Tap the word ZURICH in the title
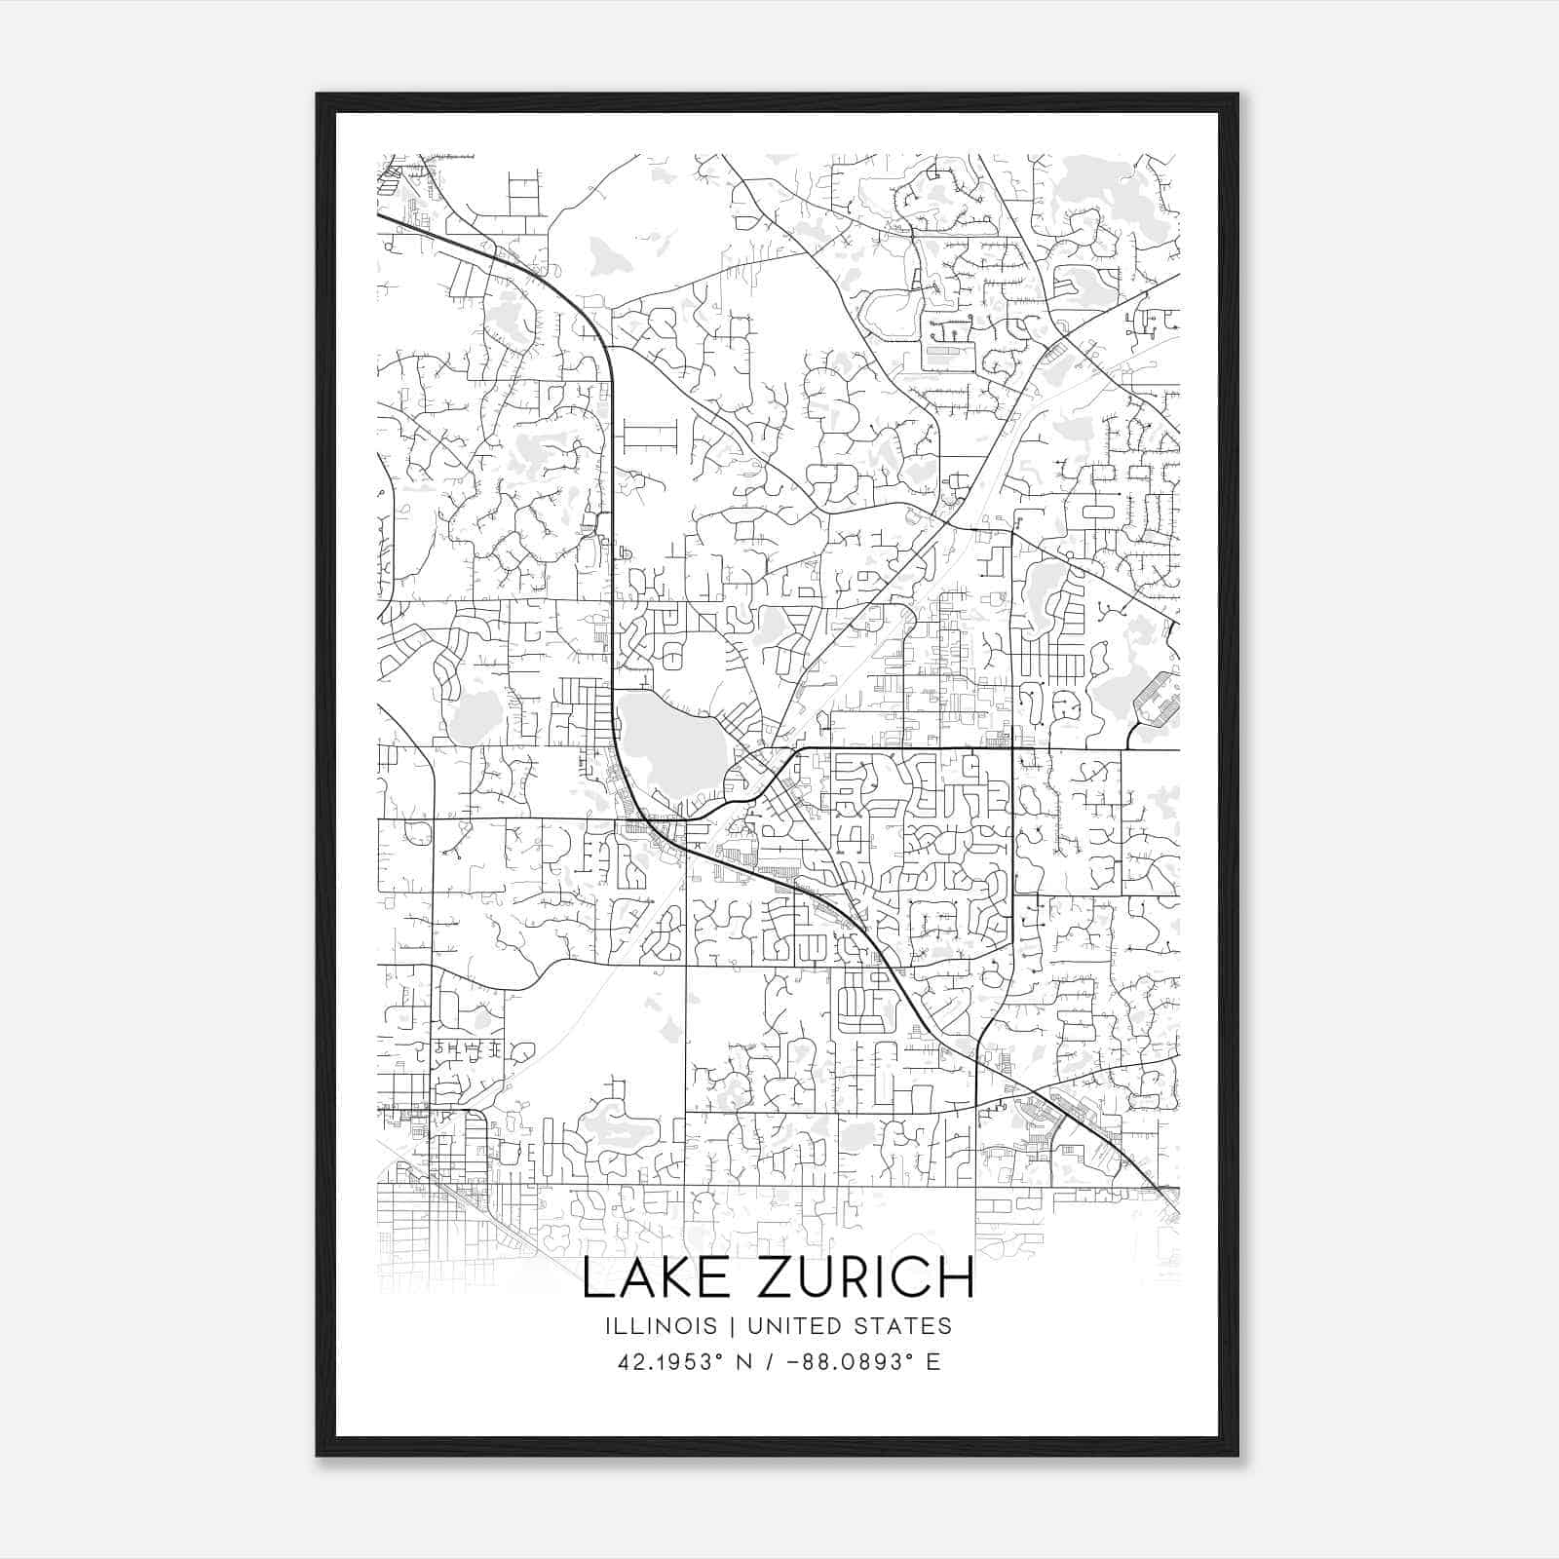point(865,1278)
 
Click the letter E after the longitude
point(933,1362)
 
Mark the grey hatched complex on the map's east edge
point(1158,700)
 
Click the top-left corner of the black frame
point(318,95)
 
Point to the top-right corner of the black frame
point(1237,95)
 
